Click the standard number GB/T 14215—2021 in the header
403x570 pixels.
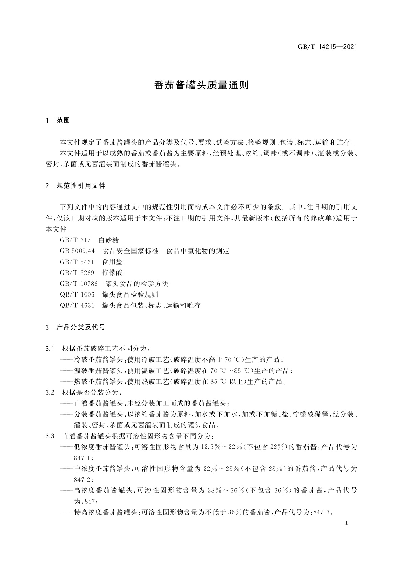click(327, 47)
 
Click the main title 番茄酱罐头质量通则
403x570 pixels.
click(201, 85)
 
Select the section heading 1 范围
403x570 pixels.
click(58, 120)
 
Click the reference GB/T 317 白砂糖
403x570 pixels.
click(89, 240)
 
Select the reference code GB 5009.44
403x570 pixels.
click(77, 251)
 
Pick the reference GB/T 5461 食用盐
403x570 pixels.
click(91, 262)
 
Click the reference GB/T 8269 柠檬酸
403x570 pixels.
click(91, 272)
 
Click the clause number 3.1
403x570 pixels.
click(50, 349)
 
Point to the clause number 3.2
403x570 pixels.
click(50, 392)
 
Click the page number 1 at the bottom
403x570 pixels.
click(347, 532)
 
